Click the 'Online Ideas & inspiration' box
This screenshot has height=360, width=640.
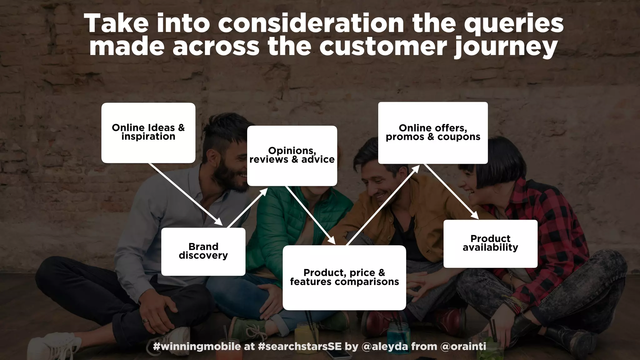(x=148, y=132)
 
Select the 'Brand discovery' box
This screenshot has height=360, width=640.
(x=203, y=251)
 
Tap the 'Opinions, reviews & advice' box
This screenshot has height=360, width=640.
(x=292, y=155)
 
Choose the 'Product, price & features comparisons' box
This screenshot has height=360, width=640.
(x=344, y=277)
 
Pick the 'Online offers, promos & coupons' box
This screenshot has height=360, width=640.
(x=433, y=132)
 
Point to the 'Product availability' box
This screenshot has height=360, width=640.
(x=490, y=243)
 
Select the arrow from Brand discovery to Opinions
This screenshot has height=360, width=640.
(x=247, y=207)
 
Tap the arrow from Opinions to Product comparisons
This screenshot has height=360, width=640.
(x=310, y=215)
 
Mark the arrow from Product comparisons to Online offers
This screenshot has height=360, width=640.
(x=383, y=205)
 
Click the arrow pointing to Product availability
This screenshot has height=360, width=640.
(x=451, y=191)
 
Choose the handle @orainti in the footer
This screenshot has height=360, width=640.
(x=463, y=346)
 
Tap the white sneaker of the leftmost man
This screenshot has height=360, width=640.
(x=58, y=344)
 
